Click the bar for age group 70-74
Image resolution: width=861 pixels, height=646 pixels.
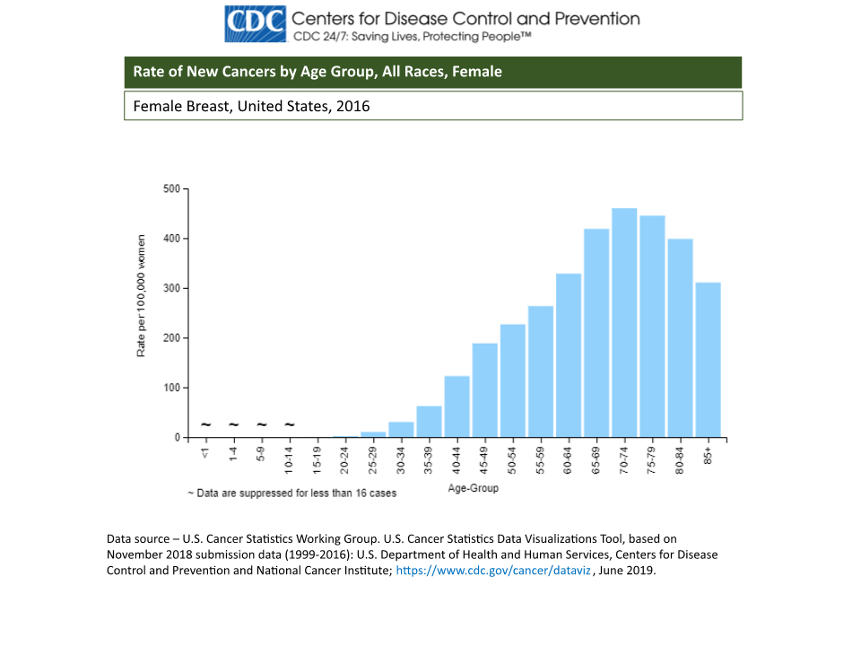[624, 323]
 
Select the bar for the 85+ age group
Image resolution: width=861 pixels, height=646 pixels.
[708, 360]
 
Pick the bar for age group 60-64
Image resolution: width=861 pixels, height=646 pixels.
[569, 355]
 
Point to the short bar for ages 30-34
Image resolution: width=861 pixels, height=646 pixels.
[401, 430]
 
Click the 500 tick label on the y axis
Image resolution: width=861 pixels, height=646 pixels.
[171, 189]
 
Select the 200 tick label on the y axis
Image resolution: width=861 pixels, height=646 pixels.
[171, 338]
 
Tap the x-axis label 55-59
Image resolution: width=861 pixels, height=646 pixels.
[541, 458]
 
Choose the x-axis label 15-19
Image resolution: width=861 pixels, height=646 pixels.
[317, 458]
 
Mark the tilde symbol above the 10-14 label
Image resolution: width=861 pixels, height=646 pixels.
[290, 424]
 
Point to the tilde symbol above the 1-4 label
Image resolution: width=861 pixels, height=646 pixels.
[233, 424]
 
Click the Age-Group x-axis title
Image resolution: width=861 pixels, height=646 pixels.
[473, 489]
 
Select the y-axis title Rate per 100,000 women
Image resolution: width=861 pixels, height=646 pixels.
[141, 296]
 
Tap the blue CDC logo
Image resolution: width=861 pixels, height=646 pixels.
[256, 24]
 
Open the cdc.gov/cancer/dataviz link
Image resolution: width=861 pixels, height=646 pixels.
[492, 571]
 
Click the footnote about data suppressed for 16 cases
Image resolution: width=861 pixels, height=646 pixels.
[291, 493]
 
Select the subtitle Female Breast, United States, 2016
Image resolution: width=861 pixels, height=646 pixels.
[252, 106]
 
